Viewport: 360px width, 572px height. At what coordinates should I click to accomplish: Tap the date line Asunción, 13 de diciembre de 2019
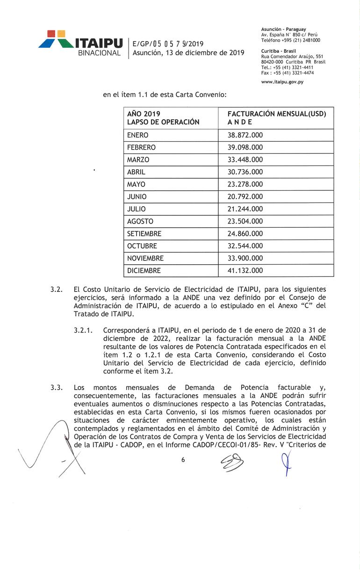188,53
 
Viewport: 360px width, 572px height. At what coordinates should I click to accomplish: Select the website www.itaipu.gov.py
282,82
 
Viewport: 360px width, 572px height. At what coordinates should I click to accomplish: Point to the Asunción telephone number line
290,40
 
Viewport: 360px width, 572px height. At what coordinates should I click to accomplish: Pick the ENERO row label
137,135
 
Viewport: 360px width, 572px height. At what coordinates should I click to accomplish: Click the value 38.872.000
245,135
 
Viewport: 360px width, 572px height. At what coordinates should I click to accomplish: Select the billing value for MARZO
245,159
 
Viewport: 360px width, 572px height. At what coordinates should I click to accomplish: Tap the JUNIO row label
137,196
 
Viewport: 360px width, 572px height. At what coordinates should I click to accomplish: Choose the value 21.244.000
245,209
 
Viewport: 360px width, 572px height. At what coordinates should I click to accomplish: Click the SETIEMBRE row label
144,233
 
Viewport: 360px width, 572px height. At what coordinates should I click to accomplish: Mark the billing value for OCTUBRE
245,246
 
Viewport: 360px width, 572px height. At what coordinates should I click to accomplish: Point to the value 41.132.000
245,270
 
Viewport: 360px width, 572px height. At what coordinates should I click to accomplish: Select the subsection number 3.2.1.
83,330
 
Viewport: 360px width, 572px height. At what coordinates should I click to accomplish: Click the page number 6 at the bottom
183,460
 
